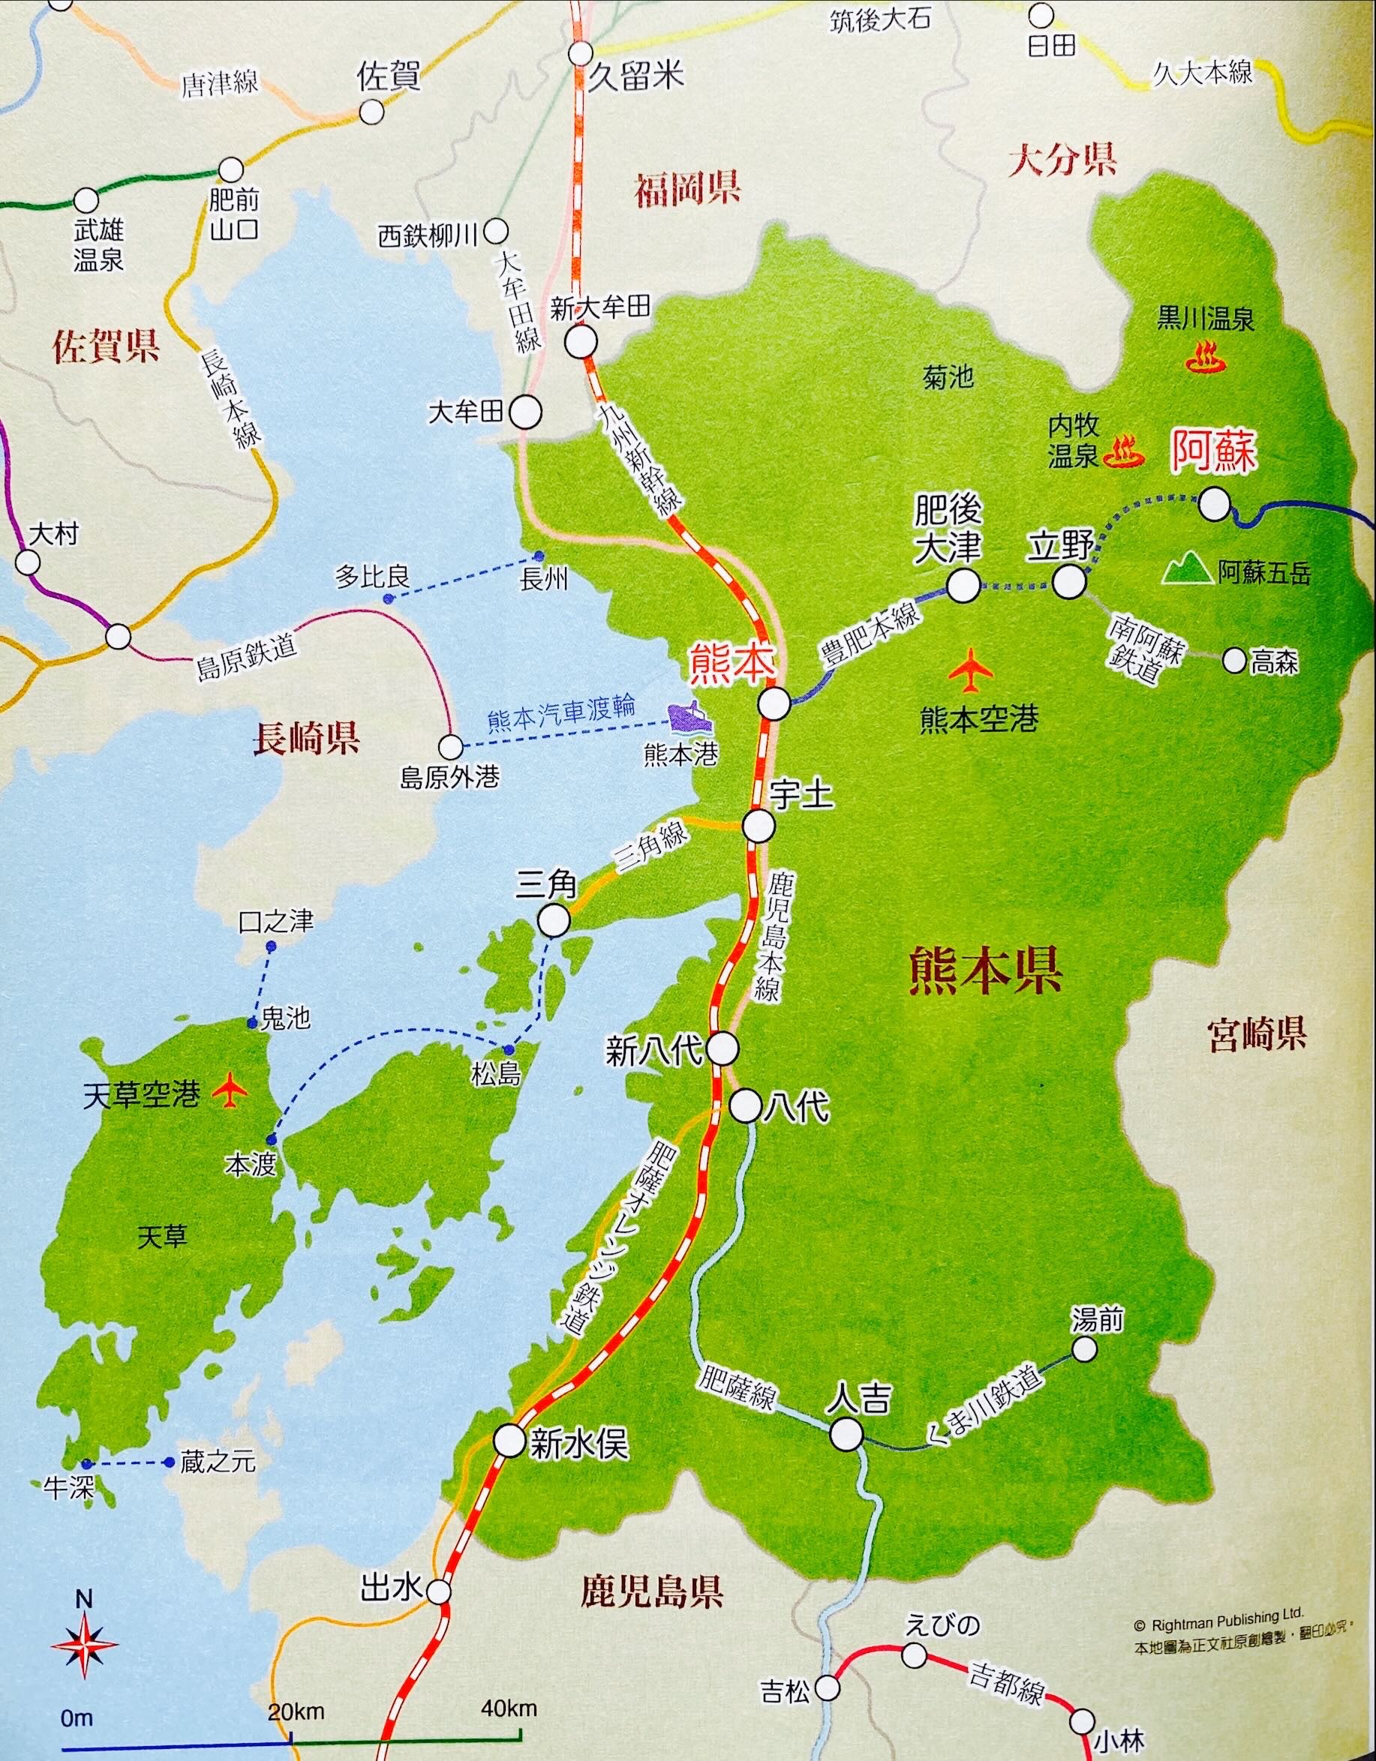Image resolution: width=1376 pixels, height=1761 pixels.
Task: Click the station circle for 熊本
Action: click(774, 703)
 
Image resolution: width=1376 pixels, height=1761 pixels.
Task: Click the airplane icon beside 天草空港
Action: click(230, 1092)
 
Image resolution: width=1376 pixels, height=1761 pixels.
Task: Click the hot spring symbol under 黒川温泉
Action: click(1206, 357)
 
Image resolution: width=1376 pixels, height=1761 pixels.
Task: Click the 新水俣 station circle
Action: click(509, 1440)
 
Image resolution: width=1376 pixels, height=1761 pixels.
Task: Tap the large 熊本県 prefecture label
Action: click(985, 970)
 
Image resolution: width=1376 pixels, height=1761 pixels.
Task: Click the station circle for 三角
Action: click(554, 919)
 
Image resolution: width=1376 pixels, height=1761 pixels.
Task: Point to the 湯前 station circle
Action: click(1084, 1349)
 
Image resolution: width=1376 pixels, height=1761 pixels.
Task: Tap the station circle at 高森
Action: click(1234, 659)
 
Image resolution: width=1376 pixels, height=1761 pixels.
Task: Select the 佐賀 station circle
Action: click(371, 112)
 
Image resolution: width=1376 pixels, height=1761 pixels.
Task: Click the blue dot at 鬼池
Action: click(252, 1023)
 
